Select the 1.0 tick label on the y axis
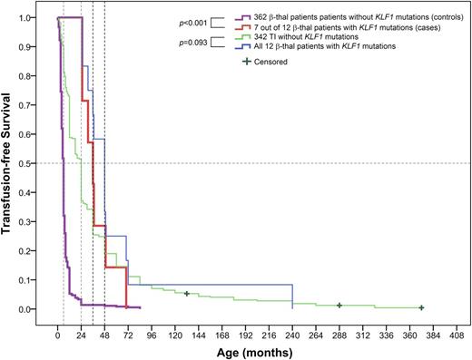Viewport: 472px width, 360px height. (x=33, y=17)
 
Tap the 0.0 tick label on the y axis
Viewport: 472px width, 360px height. (x=33, y=309)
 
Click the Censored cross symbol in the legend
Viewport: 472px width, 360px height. (x=245, y=62)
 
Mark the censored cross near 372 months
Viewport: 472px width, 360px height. (x=421, y=308)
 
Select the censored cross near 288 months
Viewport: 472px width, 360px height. (x=339, y=306)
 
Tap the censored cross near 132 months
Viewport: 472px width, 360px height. (x=186, y=294)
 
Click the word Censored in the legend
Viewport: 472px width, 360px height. (x=272, y=62)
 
